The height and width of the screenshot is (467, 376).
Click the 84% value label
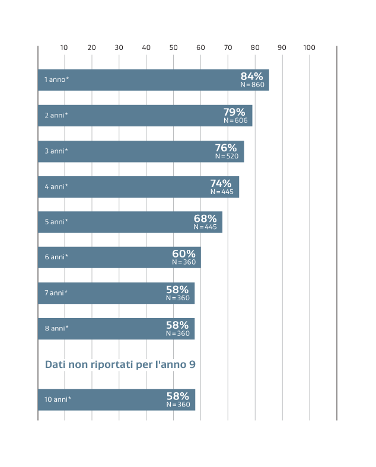(251, 76)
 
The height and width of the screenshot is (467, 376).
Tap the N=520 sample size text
(226, 156)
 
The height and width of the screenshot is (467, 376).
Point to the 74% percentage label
(221, 183)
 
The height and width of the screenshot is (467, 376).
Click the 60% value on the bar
(184, 254)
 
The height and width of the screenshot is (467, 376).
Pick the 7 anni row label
(56, 293)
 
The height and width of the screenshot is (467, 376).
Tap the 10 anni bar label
(58, 399)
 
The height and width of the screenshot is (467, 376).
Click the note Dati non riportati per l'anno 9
(120, 364)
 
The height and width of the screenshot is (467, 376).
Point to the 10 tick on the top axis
(64, 47)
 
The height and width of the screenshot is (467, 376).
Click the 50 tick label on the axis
(173, 47)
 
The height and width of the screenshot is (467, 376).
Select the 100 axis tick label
(309, 47)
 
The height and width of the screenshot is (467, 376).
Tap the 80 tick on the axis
(255, 47)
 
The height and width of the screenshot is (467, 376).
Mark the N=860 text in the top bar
(252, 85)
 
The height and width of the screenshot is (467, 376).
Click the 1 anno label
(57, 80)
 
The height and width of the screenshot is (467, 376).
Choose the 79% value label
(234, 112)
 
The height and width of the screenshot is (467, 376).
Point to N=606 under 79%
(235, 120)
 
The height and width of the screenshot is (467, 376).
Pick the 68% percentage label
(205, 218)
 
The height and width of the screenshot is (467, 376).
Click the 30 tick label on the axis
(119, 47)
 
